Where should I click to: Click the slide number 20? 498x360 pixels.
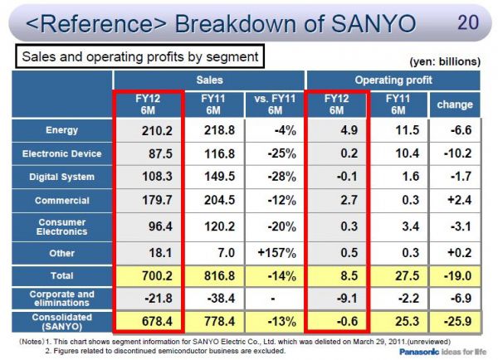pos(467,22)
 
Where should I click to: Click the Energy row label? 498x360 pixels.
pos(61,130)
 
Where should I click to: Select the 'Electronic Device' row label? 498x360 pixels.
pos(62,153)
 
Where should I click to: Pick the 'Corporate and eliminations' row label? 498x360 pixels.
pos(62,298)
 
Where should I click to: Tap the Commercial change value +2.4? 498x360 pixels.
pos(455,200)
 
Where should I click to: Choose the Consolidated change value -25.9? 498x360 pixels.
pos(455,321)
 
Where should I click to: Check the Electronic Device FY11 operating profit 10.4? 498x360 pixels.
pos(397,153)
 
